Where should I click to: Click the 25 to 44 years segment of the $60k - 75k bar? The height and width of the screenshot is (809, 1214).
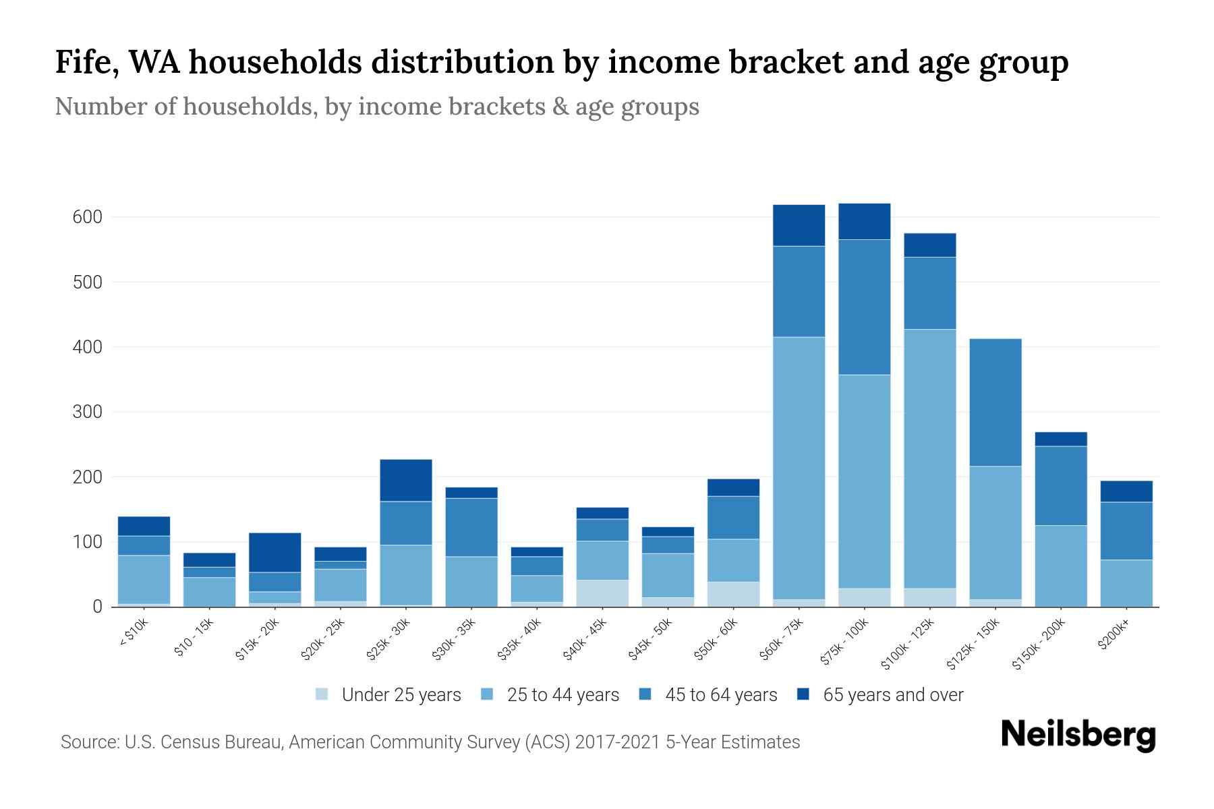click(799, 468)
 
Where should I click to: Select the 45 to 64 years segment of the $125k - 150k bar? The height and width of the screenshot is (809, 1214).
click(995, 402)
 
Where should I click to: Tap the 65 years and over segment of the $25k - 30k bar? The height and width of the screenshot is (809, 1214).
click(406, 480)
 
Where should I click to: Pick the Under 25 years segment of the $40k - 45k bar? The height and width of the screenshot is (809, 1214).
click(602, 593)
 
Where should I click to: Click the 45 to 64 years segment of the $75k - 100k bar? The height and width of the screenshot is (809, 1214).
click(864, 307)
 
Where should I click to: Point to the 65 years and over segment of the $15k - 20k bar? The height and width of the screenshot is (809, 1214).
click(275, 552)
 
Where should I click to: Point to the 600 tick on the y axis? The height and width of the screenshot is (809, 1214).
click(87, 217)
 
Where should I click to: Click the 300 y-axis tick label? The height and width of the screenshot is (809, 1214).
click(87, 412)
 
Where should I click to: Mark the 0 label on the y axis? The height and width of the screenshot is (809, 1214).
click(97, 607)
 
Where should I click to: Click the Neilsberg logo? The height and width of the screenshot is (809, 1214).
click(1078, 734)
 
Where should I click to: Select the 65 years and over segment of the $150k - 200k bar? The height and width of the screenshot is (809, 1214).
click(1060, 439)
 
